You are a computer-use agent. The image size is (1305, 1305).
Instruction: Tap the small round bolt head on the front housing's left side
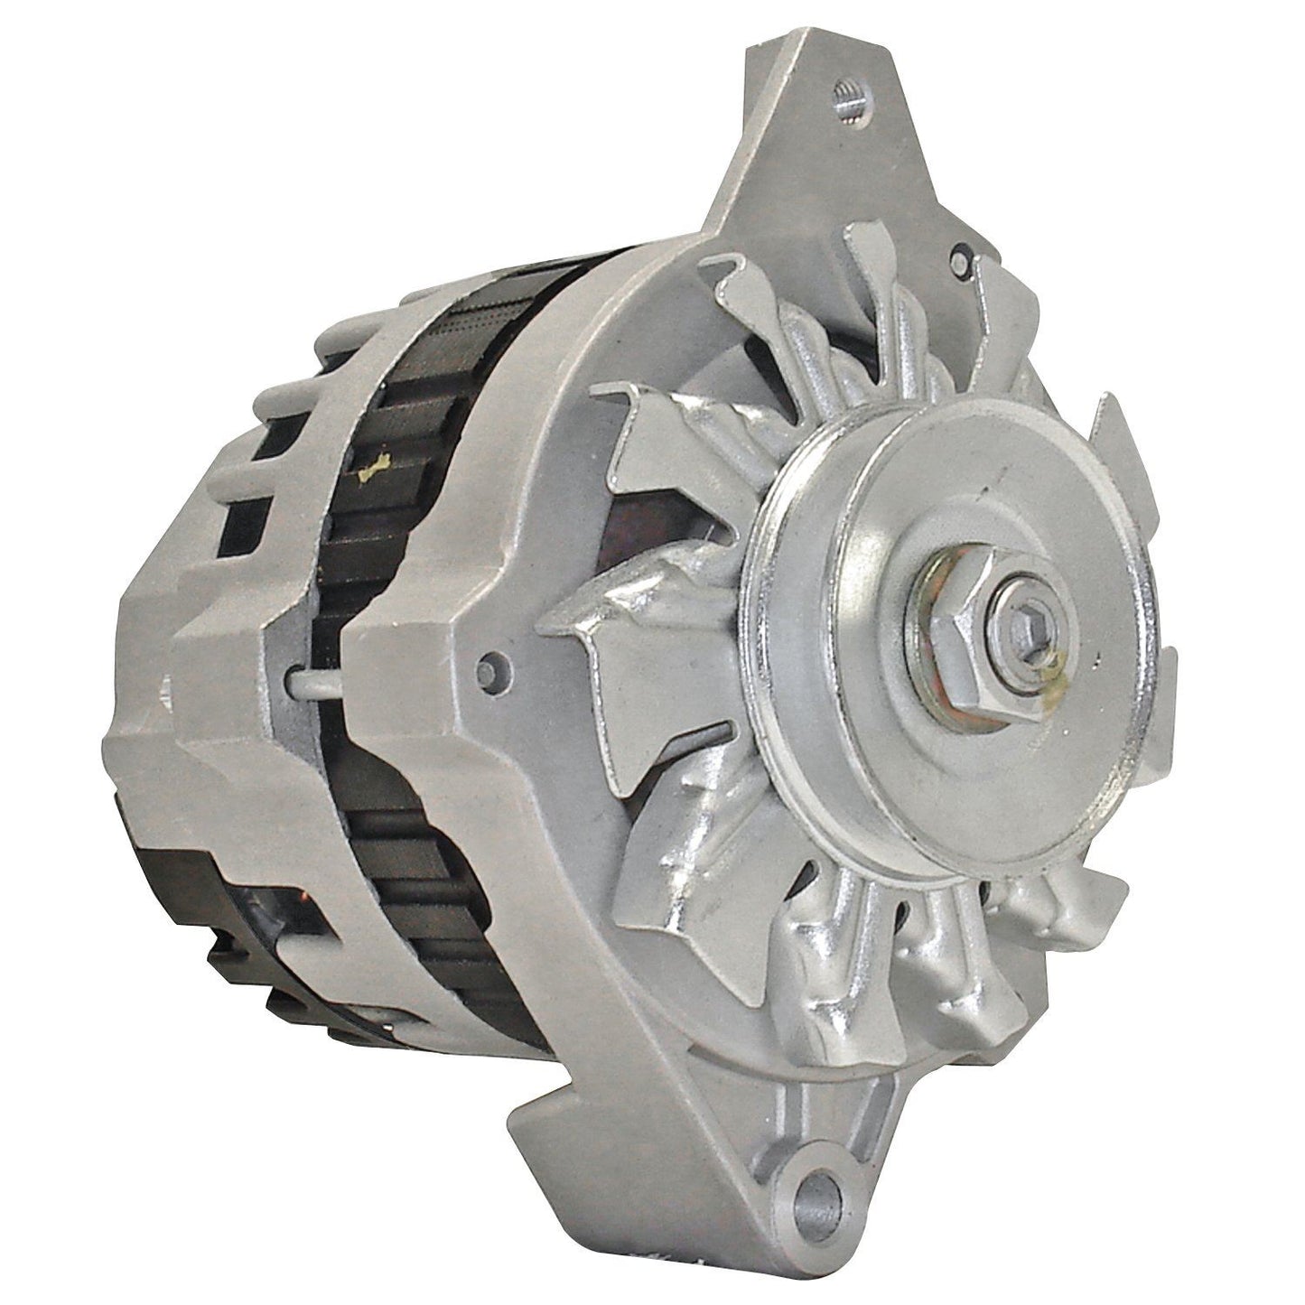click(492, 666)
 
